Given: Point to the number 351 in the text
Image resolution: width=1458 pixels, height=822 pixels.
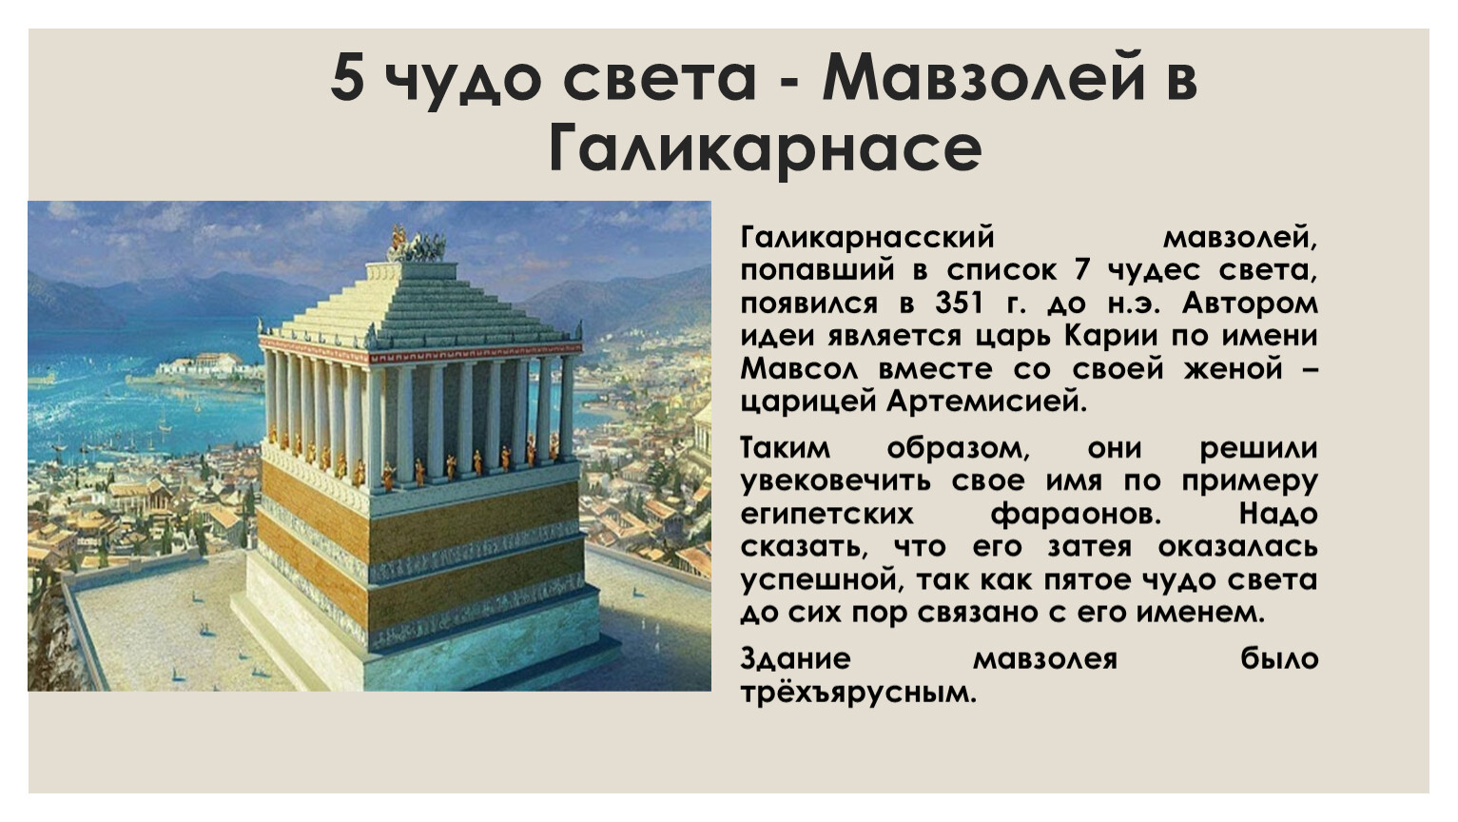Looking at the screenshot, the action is [959, 303].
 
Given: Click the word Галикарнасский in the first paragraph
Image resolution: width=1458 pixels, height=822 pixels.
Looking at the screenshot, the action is [867, 238].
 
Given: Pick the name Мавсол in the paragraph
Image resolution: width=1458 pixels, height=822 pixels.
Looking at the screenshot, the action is [799, 368].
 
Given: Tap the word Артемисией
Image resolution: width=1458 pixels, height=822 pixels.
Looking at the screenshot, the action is [987, 401].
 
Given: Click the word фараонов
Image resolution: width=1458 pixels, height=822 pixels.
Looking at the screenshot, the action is [1076, 515].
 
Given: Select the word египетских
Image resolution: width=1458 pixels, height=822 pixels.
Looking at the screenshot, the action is [826, 515].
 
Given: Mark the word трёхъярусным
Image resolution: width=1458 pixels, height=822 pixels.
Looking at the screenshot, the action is [859, 693].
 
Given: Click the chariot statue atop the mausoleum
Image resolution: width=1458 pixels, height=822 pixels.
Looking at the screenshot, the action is [417, 245].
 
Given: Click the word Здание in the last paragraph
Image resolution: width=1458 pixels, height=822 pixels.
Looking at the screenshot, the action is [795, 658].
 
